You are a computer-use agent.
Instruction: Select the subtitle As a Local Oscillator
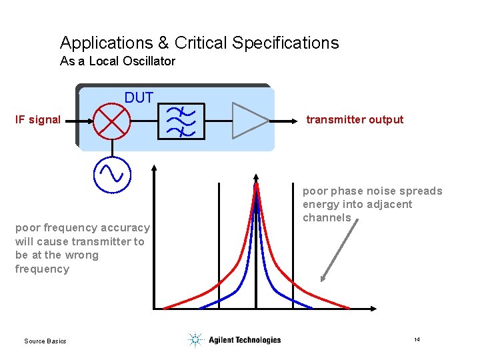pyautogui.click(x=117, y=61)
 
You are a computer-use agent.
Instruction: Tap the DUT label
pyautogui.click(x=139, y=98)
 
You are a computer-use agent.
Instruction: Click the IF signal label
pyautogui.click(x=38, y=120)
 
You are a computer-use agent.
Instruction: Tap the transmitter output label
pyautogui.click(x=355, y=120)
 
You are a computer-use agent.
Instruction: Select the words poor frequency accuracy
pyautogui.click(x=83, y=228)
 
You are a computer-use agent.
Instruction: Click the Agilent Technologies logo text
pyautogui.click(x=245, y=340)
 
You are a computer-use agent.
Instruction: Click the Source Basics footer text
pyautogui.click(x=45, y=341)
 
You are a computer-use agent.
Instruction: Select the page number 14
pyautogui.click(x=417, y=340)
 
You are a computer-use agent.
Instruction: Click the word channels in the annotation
pyautogui.click(x=327, y=218)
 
